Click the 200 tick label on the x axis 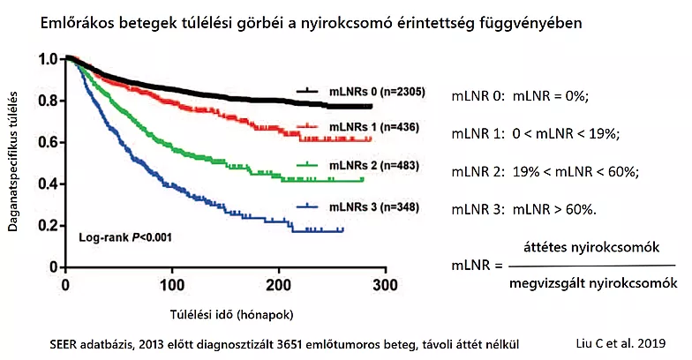pos(278,284)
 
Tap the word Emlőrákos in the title pos(77,24)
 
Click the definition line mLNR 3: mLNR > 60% pos(523,209)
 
